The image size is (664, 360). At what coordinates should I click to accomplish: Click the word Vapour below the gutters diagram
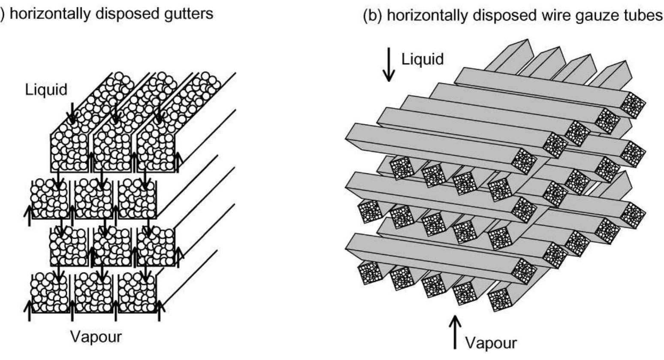[x=96, y=337]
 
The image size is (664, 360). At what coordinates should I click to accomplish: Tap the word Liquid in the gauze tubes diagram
[x=423, y=60]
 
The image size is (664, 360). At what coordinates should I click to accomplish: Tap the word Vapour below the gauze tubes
[x=491, y=343]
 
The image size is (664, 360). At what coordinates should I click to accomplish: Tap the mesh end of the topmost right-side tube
[x=632, y=105]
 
